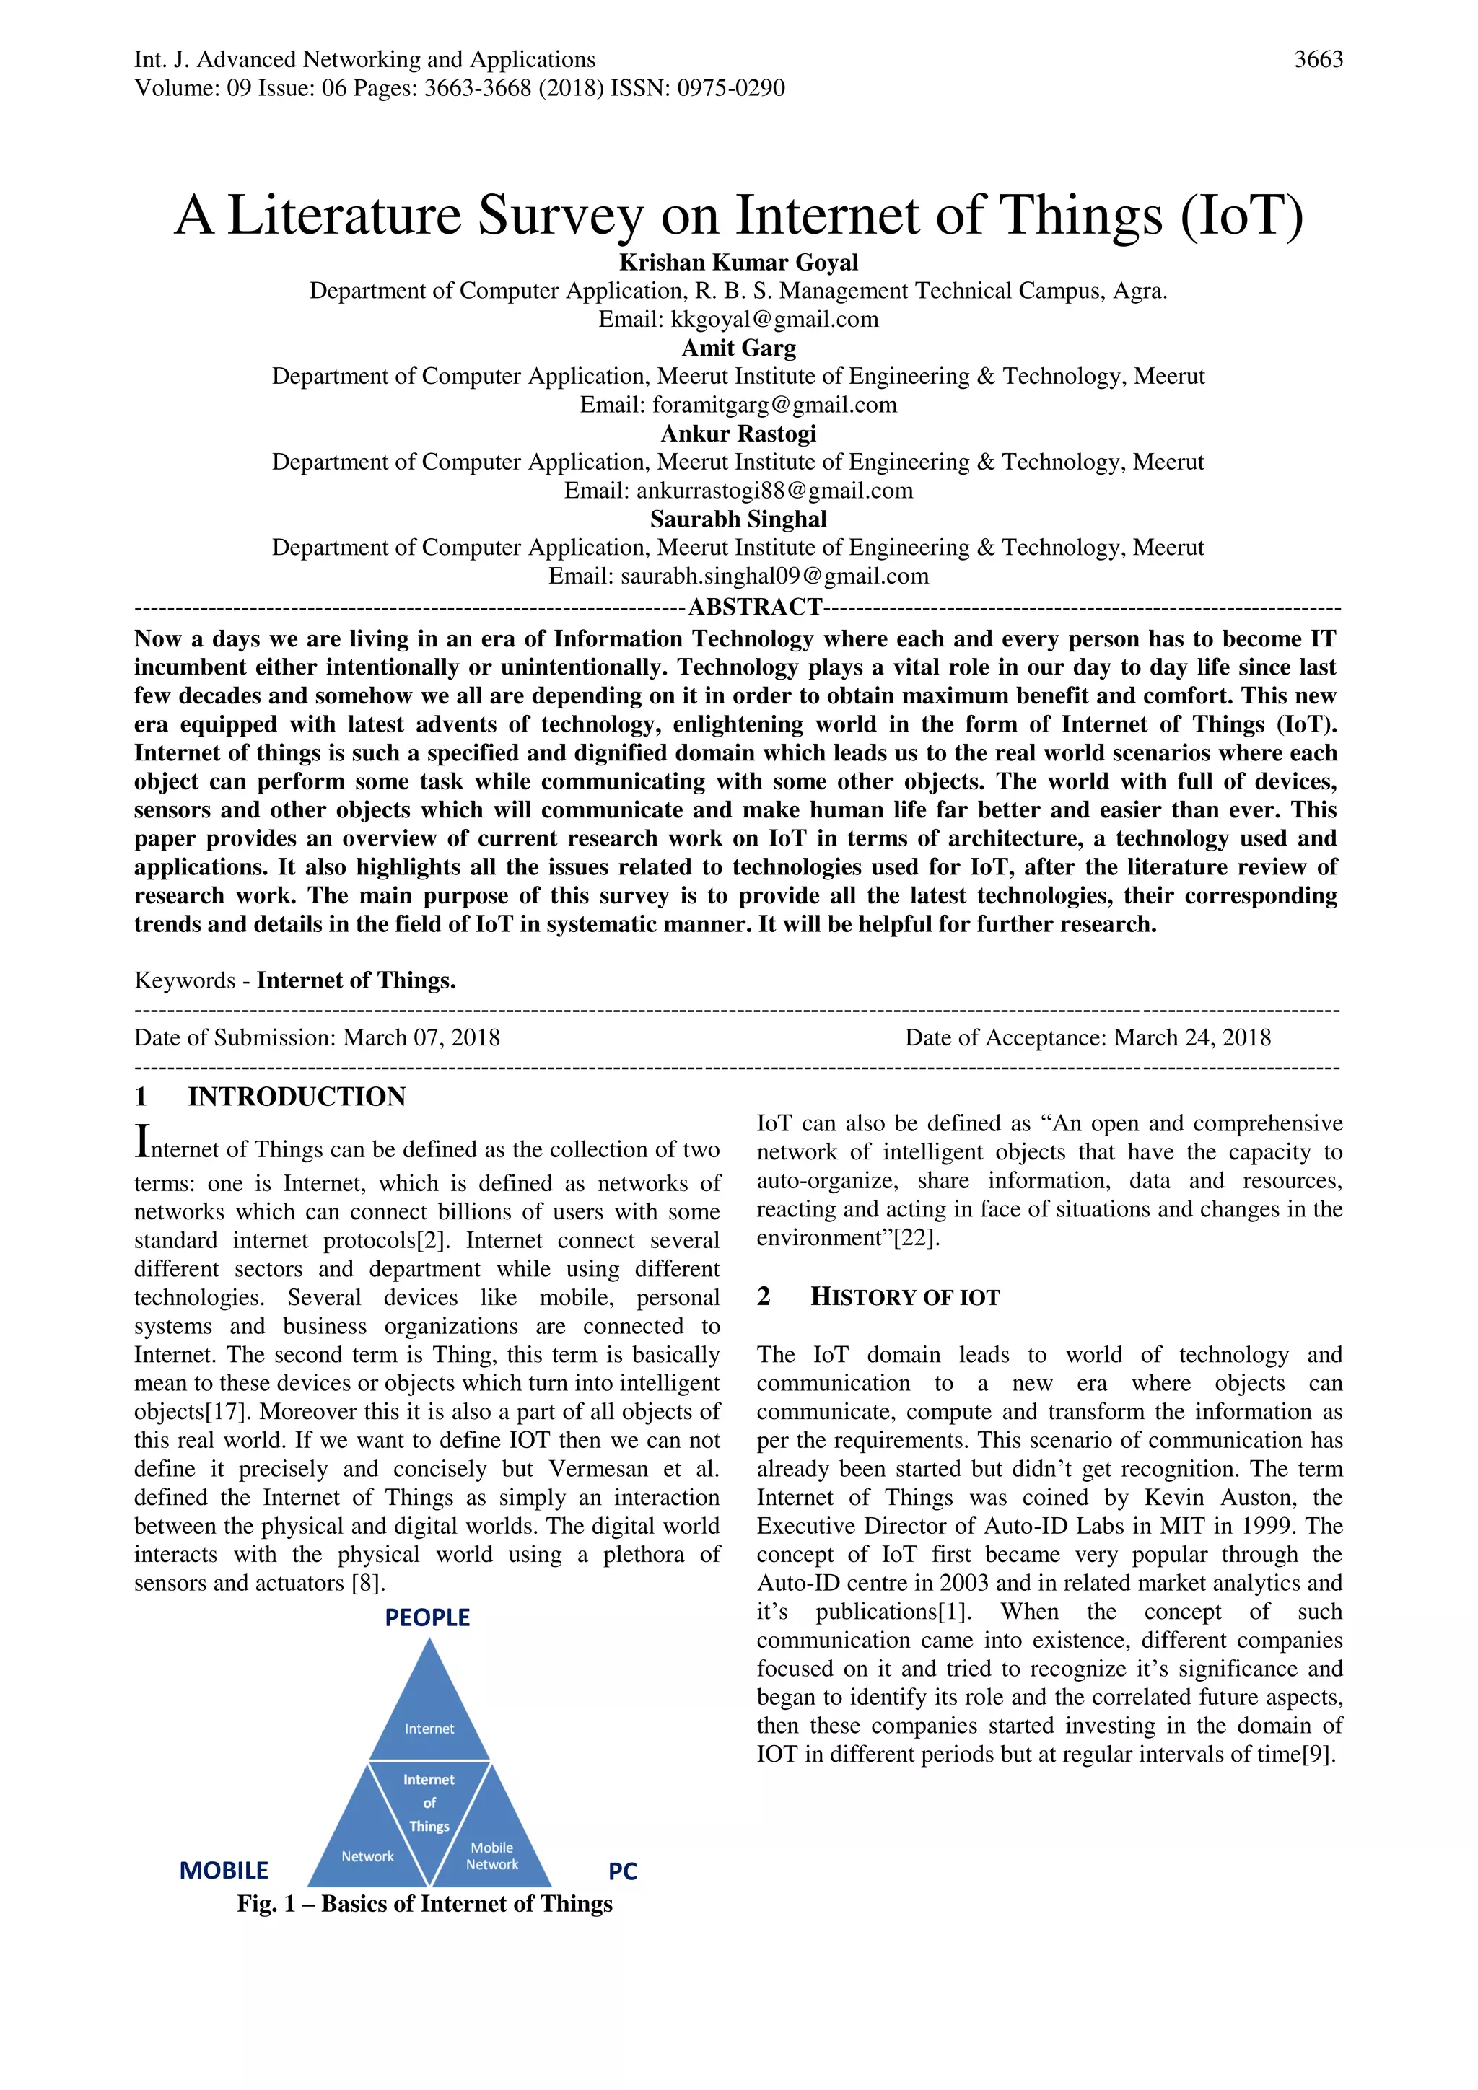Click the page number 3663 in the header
pyautogui.click(x=1318, y=60)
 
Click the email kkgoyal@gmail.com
pyautogui.click(x=775, y=320)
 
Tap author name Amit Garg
pyautogui.click(x=738, y=348)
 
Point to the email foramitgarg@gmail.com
pyautogui.click(x=775, y=405)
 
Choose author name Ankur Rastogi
pyautogui.click(x=738, y=434)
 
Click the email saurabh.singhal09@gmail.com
pyautogui.click(x=775, y=576)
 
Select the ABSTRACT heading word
pyautogui.click(x=755, y=607)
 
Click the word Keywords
pyautogui.click(x=185, y=980)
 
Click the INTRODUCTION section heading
pyautogui.click(x=296, y=1097)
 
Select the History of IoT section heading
pyautogui.click(x=904, y=1297)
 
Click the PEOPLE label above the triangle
pyautogui.click(x=427, y=1617)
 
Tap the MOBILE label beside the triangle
pyautogui.click(x=224, y=1871)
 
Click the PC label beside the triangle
pyautogui.click(x=623, y=1871)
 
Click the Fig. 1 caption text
pyautogui.click(x=424, y=1905)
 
